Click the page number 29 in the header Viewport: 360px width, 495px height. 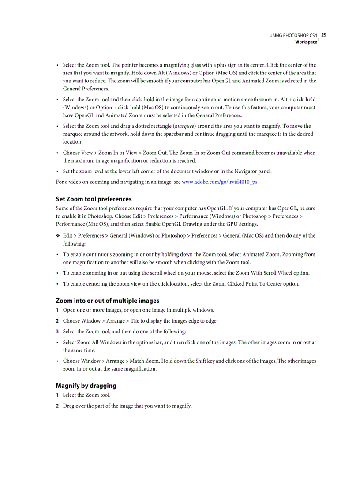click(x=324, y=35)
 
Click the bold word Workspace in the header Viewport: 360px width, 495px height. click(x=306, y=42)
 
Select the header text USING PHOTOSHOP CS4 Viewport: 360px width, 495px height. click(x=293, y=35)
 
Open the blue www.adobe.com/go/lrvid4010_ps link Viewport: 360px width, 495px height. click(x=219, y=182)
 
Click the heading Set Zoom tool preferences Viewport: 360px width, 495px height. click(x=94, y=199)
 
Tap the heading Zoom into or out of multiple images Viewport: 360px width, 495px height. click(x=107, y=301)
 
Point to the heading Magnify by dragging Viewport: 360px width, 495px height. click(x=86, y=386)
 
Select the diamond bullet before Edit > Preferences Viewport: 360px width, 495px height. click(x=58, y=236)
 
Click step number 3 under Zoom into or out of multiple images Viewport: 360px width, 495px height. click(x=57, y=331)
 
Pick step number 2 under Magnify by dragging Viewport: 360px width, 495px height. click(x=57, y=406)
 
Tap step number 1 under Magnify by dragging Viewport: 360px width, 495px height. click(x=57, y=395)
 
